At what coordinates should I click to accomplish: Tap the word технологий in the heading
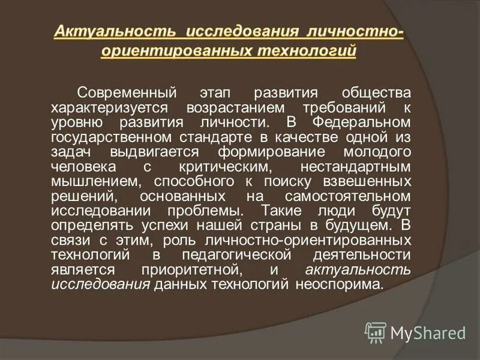pyautogui.click(x=307, y=50)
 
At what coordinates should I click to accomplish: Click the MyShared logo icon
pyautogui.click(x=376, y=331)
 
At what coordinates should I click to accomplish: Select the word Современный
pyautogui.click(x=127, y=94)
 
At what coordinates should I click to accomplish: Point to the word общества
pyautogui.click(x=376, y=94)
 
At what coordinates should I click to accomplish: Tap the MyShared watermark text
pyautogui.click(x=427, y=332)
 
